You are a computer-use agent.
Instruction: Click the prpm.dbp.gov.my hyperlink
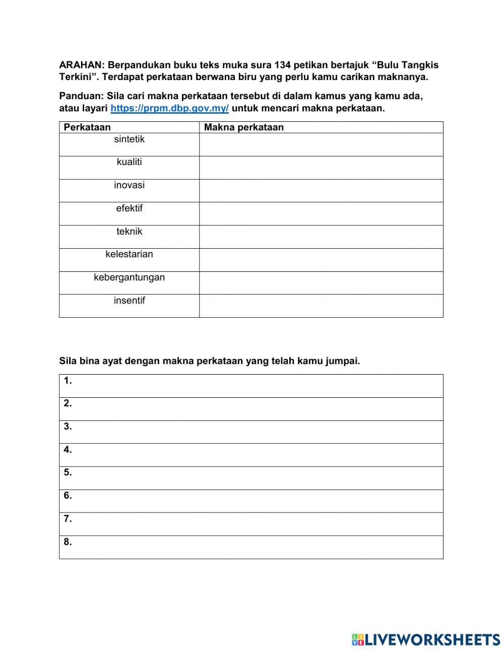169,108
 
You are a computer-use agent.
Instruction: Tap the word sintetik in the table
129,139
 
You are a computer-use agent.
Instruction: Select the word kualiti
129,162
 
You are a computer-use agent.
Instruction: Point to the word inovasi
129,185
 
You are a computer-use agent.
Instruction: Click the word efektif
129,208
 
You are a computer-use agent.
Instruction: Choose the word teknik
129,232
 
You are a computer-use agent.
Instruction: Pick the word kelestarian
129,254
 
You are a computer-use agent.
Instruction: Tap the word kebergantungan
129,277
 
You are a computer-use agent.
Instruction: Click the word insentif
129,301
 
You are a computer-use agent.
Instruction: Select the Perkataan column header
87,127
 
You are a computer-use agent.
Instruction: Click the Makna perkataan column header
243,127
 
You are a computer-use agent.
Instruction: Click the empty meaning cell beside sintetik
321,145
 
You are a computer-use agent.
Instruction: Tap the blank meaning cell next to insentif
321,306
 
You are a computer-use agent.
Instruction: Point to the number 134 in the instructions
283,65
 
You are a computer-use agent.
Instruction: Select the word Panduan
81,96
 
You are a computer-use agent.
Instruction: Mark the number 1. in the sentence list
68,381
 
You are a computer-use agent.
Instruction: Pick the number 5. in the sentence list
68,473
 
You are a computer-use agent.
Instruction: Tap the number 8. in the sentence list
68,542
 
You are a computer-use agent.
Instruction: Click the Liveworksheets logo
425,639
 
